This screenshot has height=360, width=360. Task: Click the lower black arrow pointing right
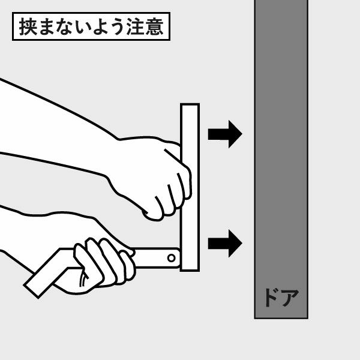coord(224,243)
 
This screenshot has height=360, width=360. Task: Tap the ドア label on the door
coord(281,297)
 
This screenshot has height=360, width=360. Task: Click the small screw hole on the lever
coord(172,258)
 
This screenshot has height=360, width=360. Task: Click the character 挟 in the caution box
coord(27,27)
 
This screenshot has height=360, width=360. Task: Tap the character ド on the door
coord(270,297)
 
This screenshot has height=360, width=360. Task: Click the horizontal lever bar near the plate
coord(156,258)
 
